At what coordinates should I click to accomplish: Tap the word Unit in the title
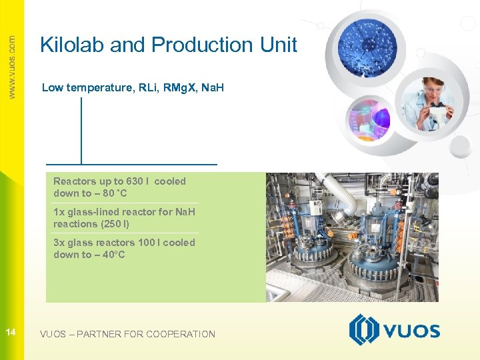[281, 45]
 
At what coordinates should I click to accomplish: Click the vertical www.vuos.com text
[11, 67]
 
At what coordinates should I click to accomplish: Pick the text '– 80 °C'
[111, 193]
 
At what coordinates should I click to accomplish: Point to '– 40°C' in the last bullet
[109, 255]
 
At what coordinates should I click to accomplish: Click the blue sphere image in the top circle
[366, 49]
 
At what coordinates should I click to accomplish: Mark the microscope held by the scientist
[437, 117]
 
